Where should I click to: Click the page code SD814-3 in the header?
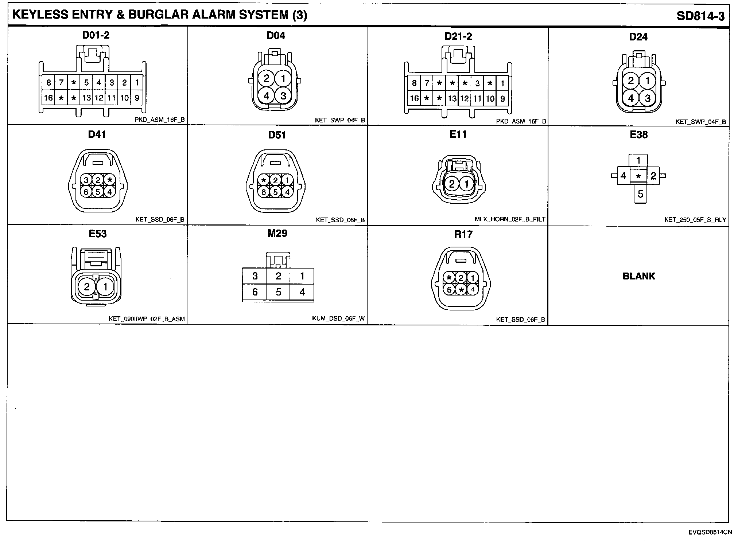pos(700,16)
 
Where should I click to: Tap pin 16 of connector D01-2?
pos(48,98)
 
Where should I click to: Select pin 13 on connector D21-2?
pos(452,98)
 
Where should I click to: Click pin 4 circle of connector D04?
pos(267,96)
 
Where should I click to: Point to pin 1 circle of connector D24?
pos(648,81)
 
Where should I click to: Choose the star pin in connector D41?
pos(110,180)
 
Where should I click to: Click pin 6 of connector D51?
pos(264,192)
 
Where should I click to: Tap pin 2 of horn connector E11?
pos(452,184)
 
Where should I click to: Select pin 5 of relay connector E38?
pos(640,194)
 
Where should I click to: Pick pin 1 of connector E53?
pos(105,287)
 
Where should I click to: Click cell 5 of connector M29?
pos(278,292)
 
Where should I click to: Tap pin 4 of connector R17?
pos(473,290)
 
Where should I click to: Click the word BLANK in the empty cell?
pos(639,276)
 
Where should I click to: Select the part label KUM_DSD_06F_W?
pos(338,319)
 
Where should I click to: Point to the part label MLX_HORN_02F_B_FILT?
pos(510,219)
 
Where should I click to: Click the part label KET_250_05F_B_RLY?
pos(695,220)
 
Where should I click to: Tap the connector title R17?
pos(463,234)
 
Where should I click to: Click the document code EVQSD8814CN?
pos(710,532)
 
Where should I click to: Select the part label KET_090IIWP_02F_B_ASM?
pos(147,319)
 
